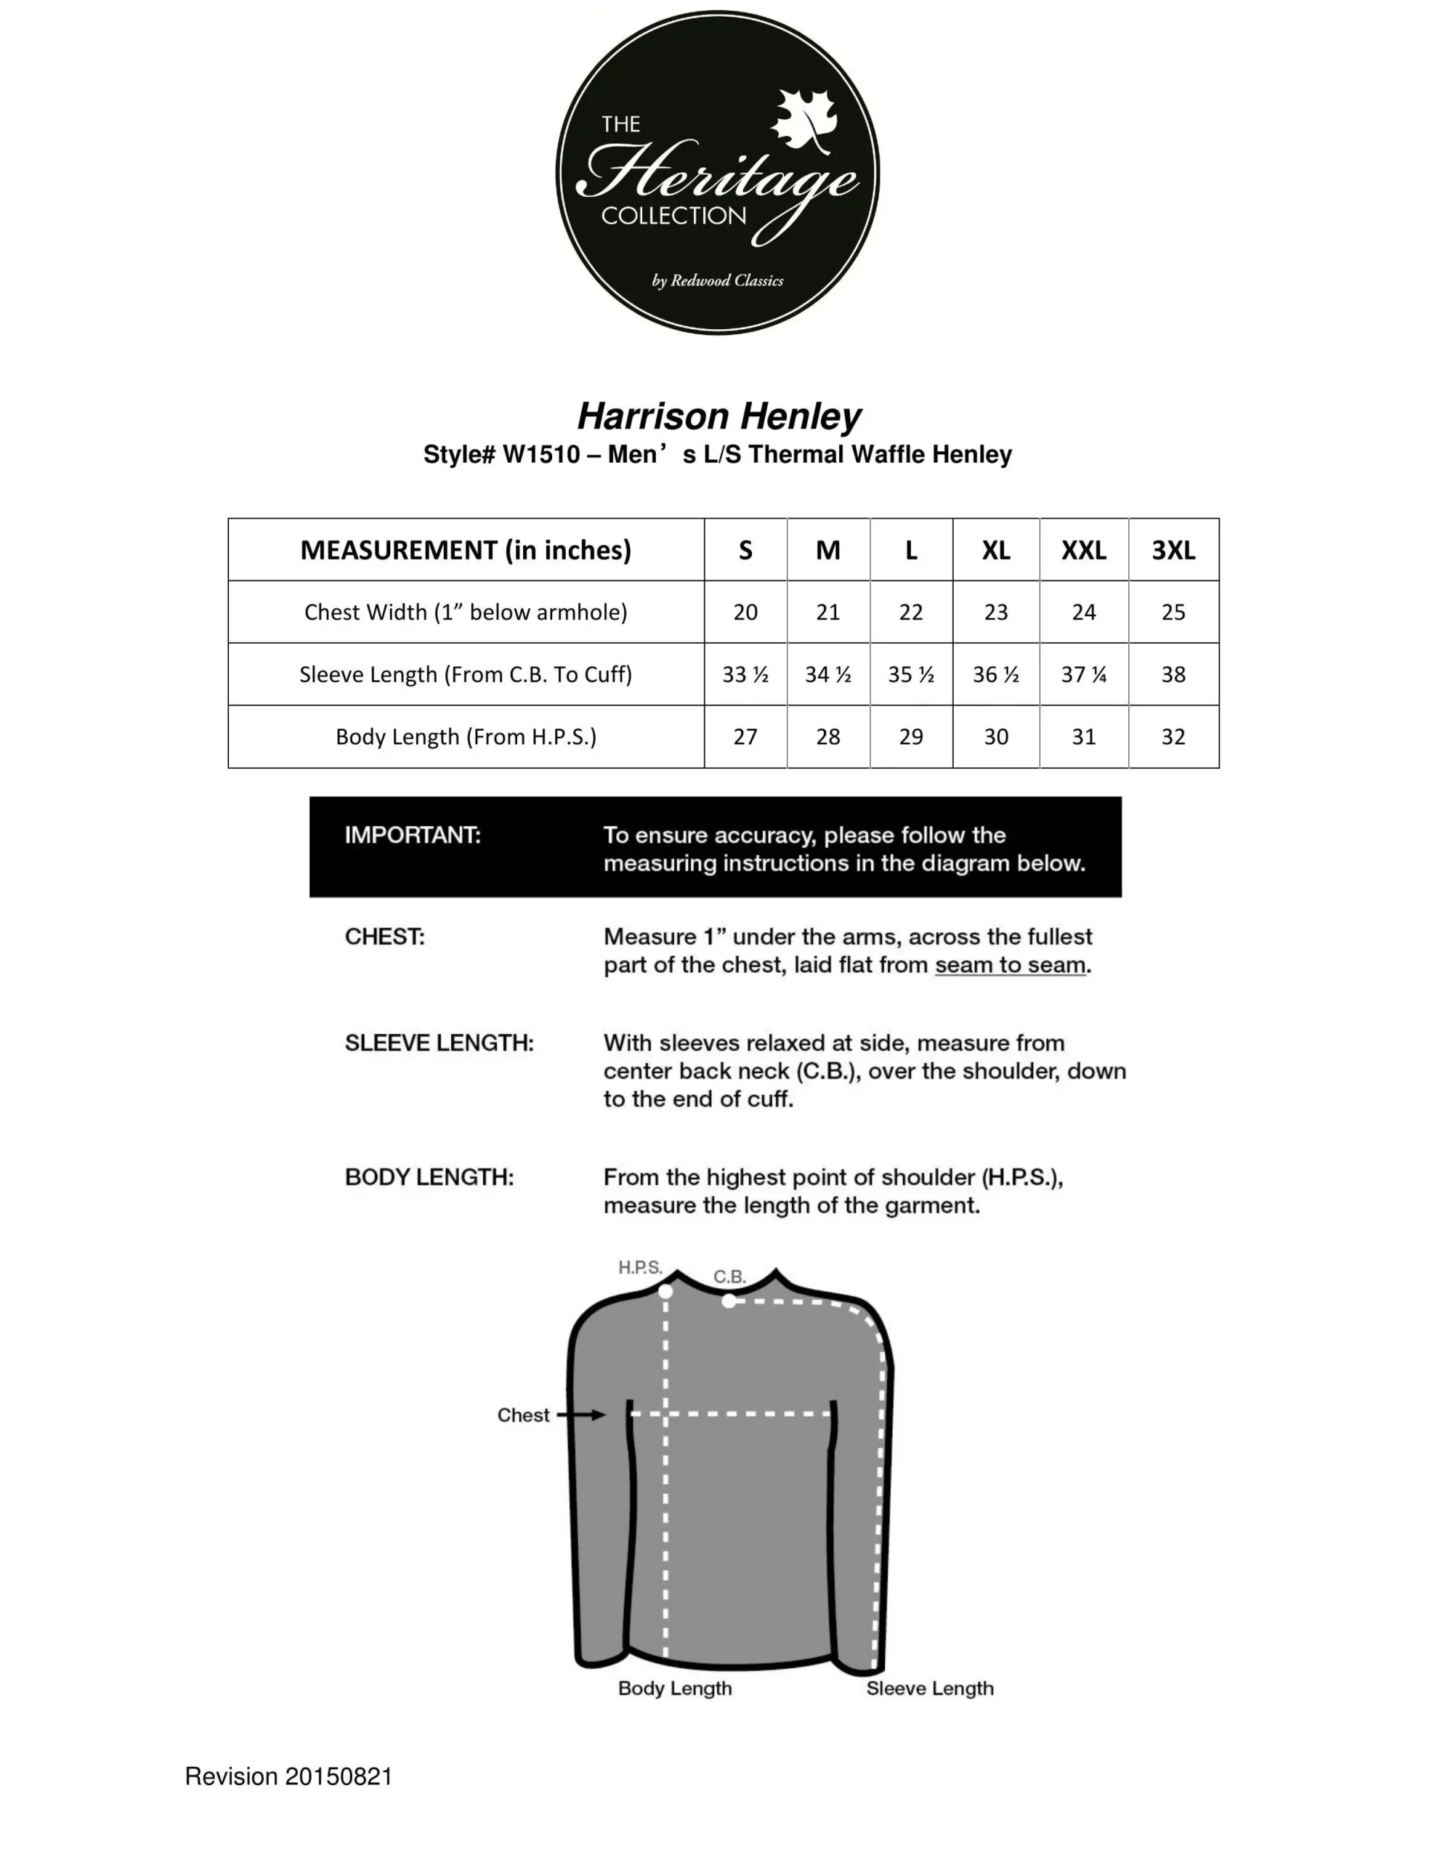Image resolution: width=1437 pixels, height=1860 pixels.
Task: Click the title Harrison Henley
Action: coord(719,416)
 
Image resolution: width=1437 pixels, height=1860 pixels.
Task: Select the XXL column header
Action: coord(1082,550)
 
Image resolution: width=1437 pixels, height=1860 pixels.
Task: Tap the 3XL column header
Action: coord(1173,550)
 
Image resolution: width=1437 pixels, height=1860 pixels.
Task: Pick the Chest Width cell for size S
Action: coord(745,612)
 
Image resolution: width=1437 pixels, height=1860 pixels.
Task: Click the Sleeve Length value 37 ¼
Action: coord(1082,674)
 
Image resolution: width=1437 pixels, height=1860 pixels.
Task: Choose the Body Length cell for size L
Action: coord(910,737)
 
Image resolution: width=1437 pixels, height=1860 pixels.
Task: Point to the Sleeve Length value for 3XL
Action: coord(1173,674)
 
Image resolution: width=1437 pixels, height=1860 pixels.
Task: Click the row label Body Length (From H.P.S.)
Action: coord(466,737)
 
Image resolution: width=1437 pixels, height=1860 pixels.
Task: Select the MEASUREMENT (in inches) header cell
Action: coord(466,550)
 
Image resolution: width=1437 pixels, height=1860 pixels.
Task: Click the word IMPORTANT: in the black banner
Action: coord(412,835)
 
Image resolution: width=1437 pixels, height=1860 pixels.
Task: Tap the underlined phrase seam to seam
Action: coord(1011,965)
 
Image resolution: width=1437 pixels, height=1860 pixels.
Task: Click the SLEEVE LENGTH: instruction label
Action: coord(439,1043)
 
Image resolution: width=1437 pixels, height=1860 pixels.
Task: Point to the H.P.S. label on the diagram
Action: coord(640,1267)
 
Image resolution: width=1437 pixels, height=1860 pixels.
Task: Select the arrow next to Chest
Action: coord(582,1415)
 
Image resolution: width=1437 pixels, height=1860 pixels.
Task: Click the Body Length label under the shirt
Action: coord(675,1688)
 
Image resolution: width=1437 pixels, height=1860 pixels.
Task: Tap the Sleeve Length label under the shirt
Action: coord(929,1688)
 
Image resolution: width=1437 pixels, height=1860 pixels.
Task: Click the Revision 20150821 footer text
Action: coord(288,1776)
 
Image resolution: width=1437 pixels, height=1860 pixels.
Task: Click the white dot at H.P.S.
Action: coord(666,1291)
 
